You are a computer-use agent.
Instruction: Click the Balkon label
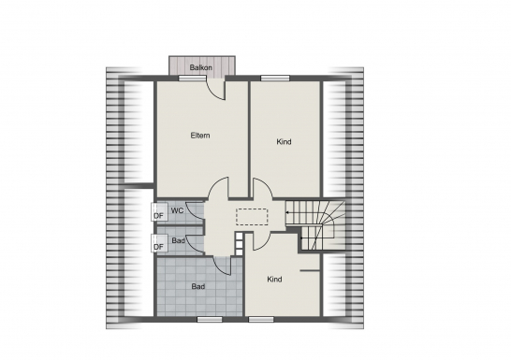200,67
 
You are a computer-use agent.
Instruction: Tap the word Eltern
200,136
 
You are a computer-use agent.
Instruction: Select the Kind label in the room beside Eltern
284,142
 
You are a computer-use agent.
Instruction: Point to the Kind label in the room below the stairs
274,280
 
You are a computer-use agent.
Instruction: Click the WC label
177,210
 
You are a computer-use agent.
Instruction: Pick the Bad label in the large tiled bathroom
198,287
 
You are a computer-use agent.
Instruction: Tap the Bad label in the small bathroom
178,241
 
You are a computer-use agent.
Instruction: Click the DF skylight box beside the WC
159,212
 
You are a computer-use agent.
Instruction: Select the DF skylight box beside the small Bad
159,243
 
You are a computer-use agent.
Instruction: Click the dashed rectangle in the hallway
252,217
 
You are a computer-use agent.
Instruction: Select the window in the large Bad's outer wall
210,319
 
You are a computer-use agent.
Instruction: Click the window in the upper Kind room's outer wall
275,79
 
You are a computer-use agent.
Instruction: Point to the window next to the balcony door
192,79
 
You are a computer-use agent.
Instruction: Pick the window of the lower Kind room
261,319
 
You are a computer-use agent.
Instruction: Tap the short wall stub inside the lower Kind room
310,270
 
